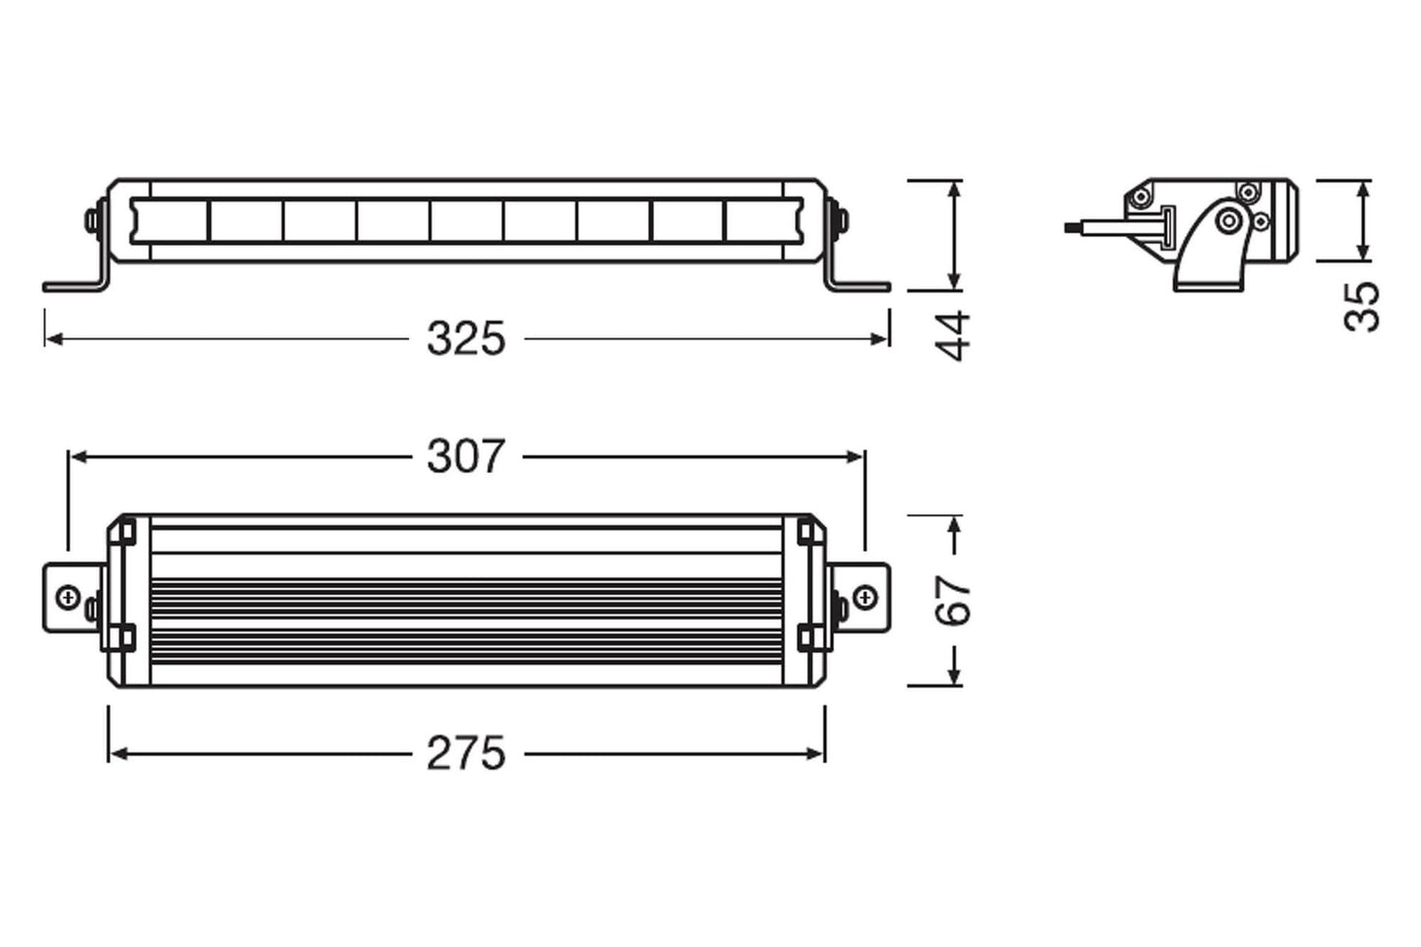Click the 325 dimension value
(x=466, y=339)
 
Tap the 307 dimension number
(x=466, y=457)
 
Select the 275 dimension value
(x=466, y=754)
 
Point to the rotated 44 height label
(x=952, y=335)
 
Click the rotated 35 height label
(x=1363, y=306)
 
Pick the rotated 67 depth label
(x=952, y=600)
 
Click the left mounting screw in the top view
(x=69, y=597)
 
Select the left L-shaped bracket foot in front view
(x=74, y=285)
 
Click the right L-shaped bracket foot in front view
(x=858, y=285)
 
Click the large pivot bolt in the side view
(x=1227, y=220)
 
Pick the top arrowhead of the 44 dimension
(x=952, y=188)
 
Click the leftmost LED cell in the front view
(x=170, y=220)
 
